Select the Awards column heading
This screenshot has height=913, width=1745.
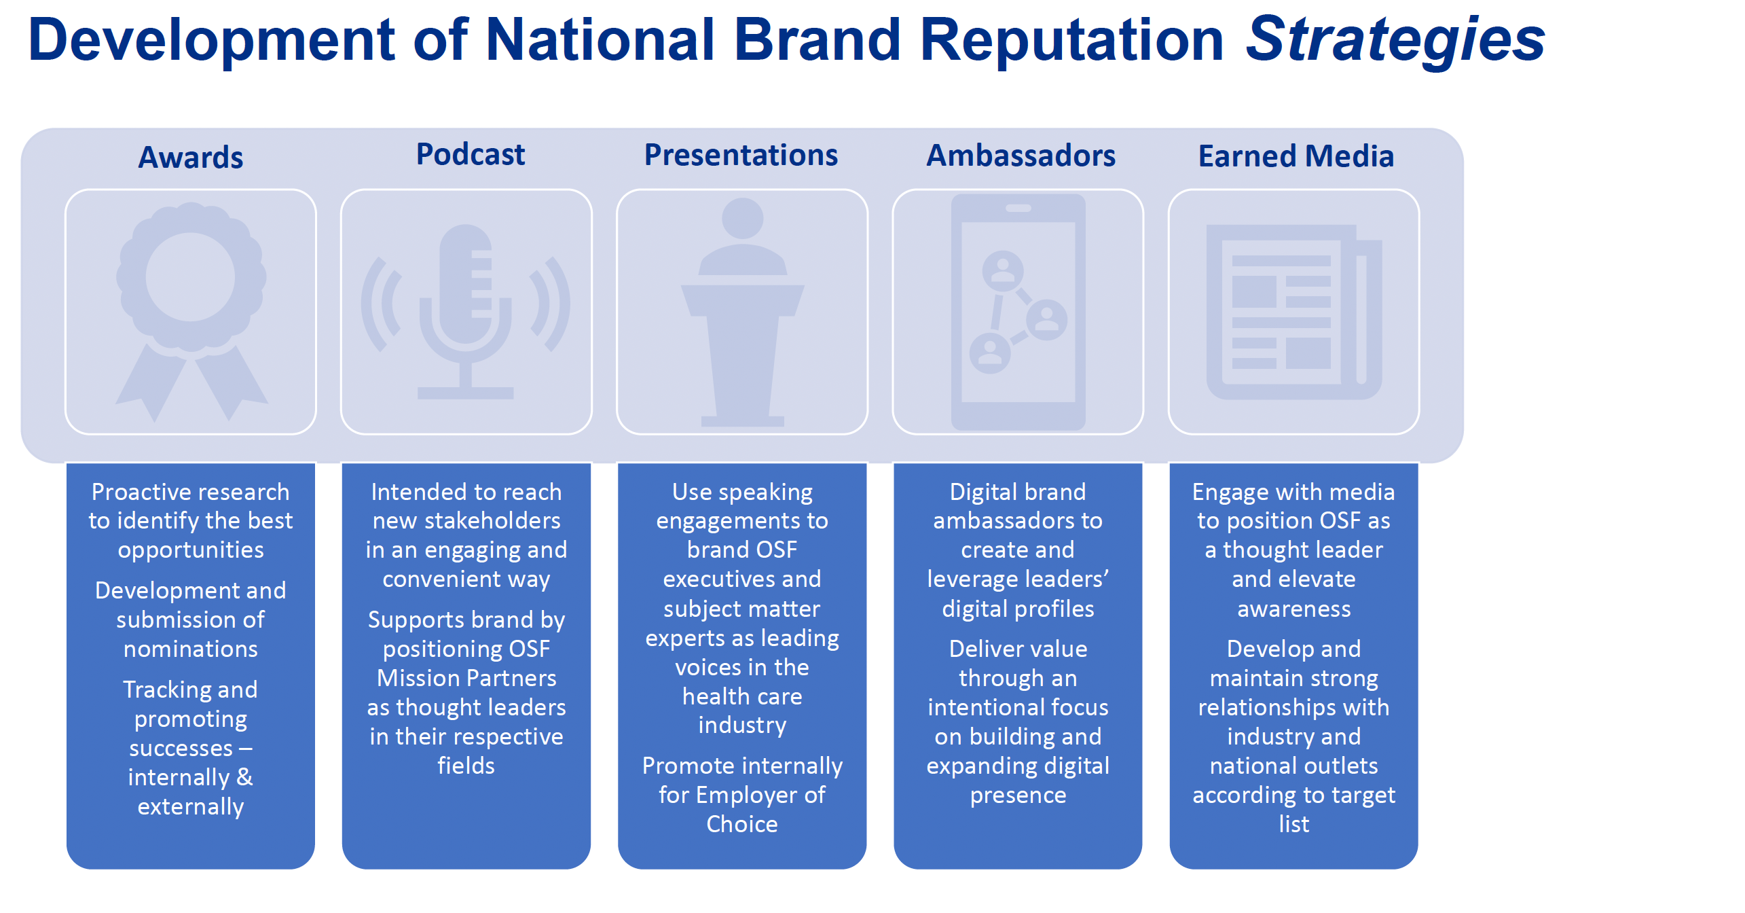(191, 158)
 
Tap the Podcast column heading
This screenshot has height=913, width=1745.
(471, 155)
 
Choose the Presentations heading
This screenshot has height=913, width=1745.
(741, 155)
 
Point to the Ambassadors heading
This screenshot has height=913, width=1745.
(1021, 156)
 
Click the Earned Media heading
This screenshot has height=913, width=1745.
(1296, 156)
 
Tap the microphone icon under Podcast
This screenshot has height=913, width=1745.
(466, 311)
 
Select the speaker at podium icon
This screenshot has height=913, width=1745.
(743, 311)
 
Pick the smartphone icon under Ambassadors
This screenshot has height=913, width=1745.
(1018, 311)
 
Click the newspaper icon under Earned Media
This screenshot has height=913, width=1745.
(1294, 312)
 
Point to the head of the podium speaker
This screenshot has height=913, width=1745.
(743, 218)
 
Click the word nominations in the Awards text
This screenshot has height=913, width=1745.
(191, 649)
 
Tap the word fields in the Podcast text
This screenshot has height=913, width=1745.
(466, 766)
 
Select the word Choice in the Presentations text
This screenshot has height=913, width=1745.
(742, 825)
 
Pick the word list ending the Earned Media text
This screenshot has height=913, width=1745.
(1294, 825)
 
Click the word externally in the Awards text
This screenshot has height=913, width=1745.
(191, 807)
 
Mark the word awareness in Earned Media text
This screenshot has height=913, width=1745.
(1294, 609)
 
